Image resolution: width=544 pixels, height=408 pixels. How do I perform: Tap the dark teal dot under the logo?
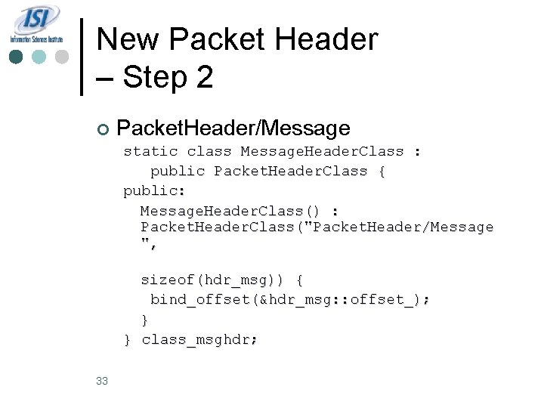point(17,57)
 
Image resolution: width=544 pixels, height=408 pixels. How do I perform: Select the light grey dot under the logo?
point(62,57)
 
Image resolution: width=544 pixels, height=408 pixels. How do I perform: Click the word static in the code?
point(150,151)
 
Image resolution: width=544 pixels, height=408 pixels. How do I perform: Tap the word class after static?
point(209,151)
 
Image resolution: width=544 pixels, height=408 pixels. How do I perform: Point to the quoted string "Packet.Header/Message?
point(397,227)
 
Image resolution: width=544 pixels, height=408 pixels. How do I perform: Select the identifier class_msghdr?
point(199,339)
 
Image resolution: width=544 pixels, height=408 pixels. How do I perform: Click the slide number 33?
point(103,381)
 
